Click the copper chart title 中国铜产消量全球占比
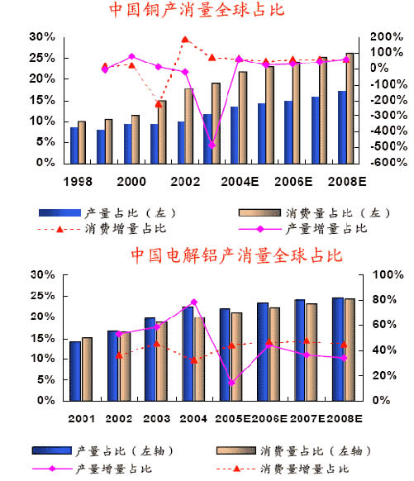click(x=197, y=9)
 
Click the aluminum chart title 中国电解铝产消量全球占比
click(x=236, y=255)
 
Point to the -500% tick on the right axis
click(x=389, y=146)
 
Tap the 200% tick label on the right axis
click(x=387, y=37)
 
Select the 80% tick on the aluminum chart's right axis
click(x=384, y=299)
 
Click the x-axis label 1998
click(x=78, y=182)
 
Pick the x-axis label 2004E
click(x=240, y=182)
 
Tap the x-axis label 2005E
click(x=233, y=418)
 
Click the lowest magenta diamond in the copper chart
click(x=212, y=145)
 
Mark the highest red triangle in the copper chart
click(x=185, y=40)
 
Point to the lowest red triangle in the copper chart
click(x=159, y=104)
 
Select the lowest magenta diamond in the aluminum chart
click(x=231, y=383)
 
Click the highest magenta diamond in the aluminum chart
click(x=194, y=302)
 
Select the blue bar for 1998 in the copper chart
click(x=74, y=145)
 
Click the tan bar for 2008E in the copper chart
click(x=350, y=108)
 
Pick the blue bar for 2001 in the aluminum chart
click(x=75, y=371)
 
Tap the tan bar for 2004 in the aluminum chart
click(x=199, y=360)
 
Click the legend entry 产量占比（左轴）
click(x=102, y=450)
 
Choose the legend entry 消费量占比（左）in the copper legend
click(x=314, y=213)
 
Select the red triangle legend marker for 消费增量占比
click(x=60, y=229)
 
